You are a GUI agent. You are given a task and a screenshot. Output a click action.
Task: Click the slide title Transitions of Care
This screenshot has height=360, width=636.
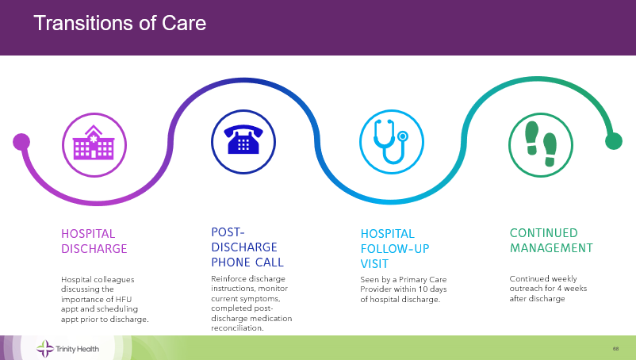click(x=120, y=23)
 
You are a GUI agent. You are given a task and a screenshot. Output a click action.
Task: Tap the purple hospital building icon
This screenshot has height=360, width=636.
click(x=94, y=142)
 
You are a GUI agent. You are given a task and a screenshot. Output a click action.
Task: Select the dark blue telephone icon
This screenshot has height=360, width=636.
click(x=243, y=140)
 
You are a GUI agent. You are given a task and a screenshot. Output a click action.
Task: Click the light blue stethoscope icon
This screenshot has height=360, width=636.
click(x=391, y=141)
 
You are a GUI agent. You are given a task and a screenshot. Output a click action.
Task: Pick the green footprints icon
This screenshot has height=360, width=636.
click(x=541, y=144)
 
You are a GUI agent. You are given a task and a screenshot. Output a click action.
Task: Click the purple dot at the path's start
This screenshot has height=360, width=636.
click(x=21, y=142)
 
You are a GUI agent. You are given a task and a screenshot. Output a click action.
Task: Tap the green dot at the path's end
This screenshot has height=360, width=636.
click(x=614, y=141)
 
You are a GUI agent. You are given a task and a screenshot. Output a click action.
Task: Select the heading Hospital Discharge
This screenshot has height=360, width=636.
click(x=94, y=241)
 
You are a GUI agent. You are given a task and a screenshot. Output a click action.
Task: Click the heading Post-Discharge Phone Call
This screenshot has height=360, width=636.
click(x=247, y=247)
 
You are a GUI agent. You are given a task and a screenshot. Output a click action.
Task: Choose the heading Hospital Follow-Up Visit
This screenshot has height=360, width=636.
click(x=395, y=249)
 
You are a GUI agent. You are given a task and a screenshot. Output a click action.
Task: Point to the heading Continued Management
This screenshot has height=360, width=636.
click(x=551, y=240)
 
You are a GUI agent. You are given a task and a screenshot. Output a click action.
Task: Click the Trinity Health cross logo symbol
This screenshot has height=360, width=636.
click(x=45, y=349)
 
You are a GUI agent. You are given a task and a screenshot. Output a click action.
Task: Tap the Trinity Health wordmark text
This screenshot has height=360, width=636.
click(x=77, y=349)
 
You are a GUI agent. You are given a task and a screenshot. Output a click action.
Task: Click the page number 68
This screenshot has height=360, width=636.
click(x=615, y=349)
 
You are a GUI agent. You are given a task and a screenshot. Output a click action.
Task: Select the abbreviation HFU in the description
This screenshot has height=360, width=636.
click(x=123, y=300)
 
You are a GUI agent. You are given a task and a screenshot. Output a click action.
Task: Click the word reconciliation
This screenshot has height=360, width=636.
click(x=237, y=328)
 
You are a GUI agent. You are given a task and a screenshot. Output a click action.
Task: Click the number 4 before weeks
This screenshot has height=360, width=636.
click(x=559, y=289)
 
